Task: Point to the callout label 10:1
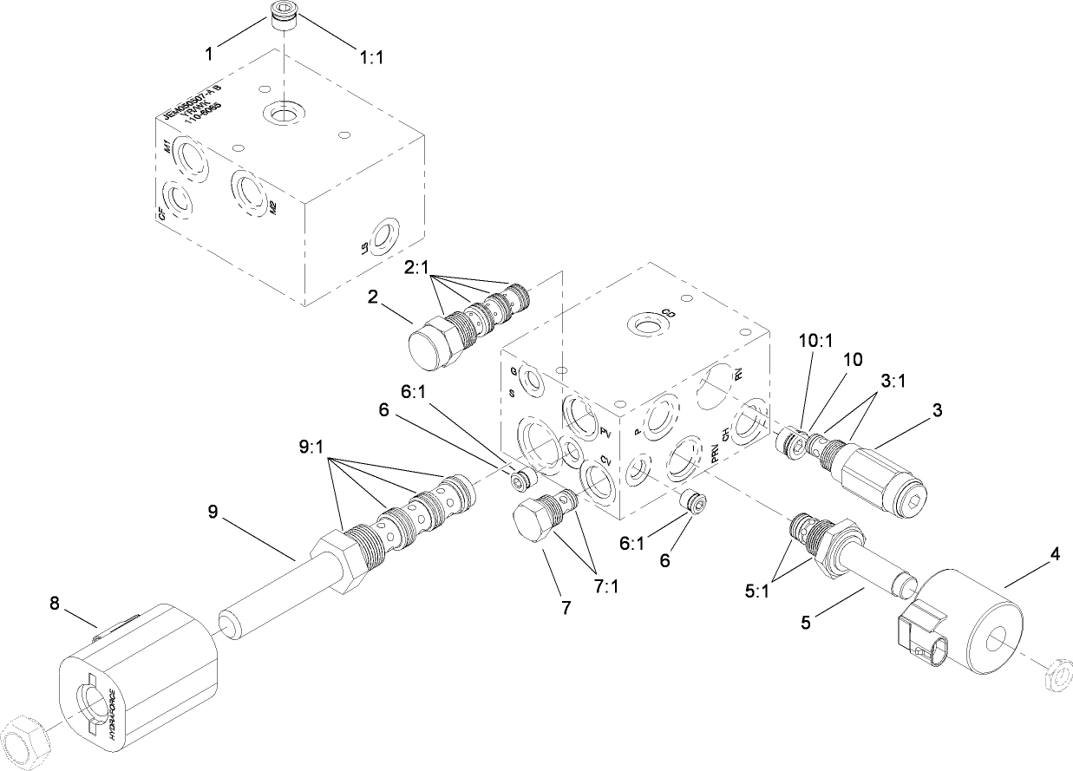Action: pos(813,342)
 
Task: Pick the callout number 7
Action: pos(565,608)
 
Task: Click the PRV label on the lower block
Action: pos(714,458)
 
